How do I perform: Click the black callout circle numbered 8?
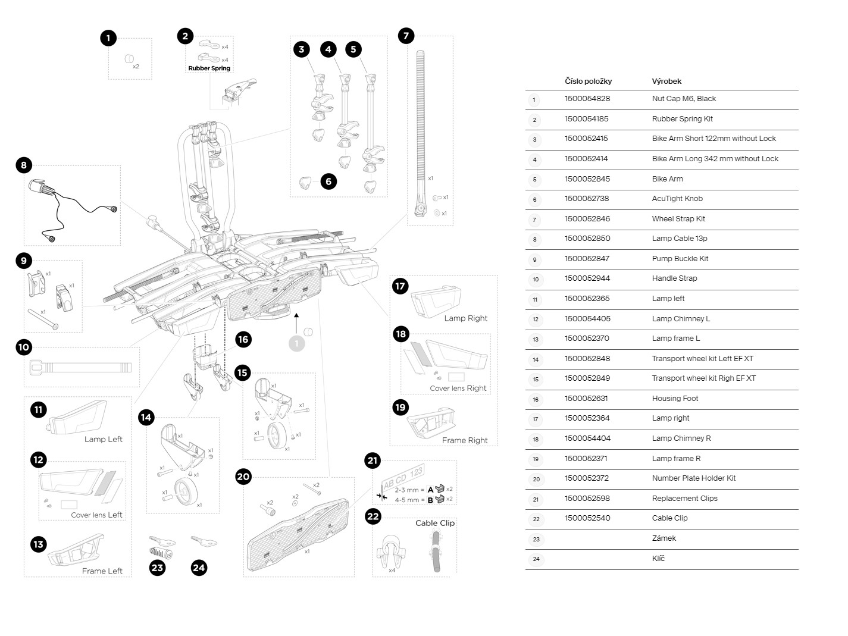point(24,165)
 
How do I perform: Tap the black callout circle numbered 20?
point(243,477)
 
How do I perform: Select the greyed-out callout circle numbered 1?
point(296,343)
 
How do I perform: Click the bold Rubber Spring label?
point(209,68)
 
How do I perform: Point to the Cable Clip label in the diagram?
point(434,523)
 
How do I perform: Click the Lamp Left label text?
point(103,439)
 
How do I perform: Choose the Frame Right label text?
point(464,440)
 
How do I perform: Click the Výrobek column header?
point(666,81)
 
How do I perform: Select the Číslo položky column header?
point(588,81)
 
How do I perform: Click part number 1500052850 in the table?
point(587,239)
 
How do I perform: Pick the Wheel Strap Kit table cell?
point(678,218)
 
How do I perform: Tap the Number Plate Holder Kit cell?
point(693,478)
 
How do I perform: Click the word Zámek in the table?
point(664,538)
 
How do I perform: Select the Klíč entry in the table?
point(658,559)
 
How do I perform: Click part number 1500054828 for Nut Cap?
point(587,99)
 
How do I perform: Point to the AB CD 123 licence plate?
point(403,478)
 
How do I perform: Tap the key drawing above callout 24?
point(204,541)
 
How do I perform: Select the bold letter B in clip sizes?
point(430,500)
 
